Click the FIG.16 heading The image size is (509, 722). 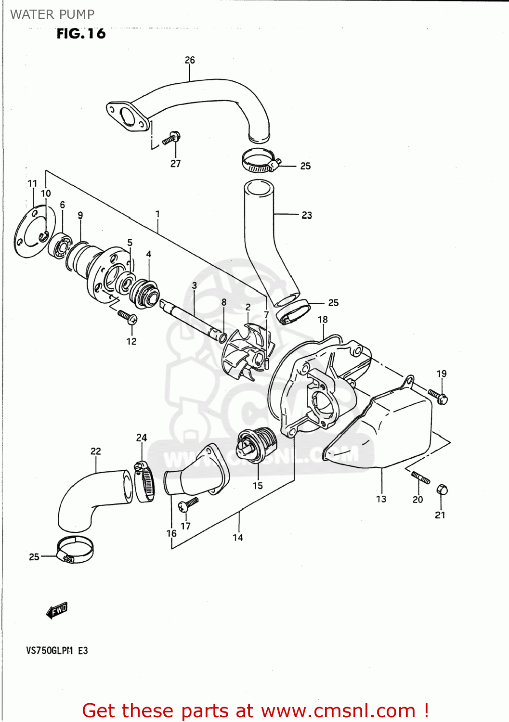click(x=81, y=34)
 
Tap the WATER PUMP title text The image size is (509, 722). click(x=52, y=14)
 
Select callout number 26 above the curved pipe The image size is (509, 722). click(x=190, y=60)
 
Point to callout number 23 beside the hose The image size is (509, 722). click(x=307, y=215)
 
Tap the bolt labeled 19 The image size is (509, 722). click(x=438, y=396)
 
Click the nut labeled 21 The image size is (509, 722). click(x=442, y=490)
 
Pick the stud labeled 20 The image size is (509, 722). click(x=420, y=477)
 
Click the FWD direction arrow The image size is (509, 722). click(x=57, y=610)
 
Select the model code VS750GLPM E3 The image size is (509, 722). click(x=57, y=651)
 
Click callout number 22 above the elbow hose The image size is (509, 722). click(x=96, y=451)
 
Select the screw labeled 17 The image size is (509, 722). click(x=188, y=504)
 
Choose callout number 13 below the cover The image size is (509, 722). click(x=381, y=499)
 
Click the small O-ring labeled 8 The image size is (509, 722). click(x=223, y=337)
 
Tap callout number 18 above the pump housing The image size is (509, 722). click(x=323, y=320)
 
